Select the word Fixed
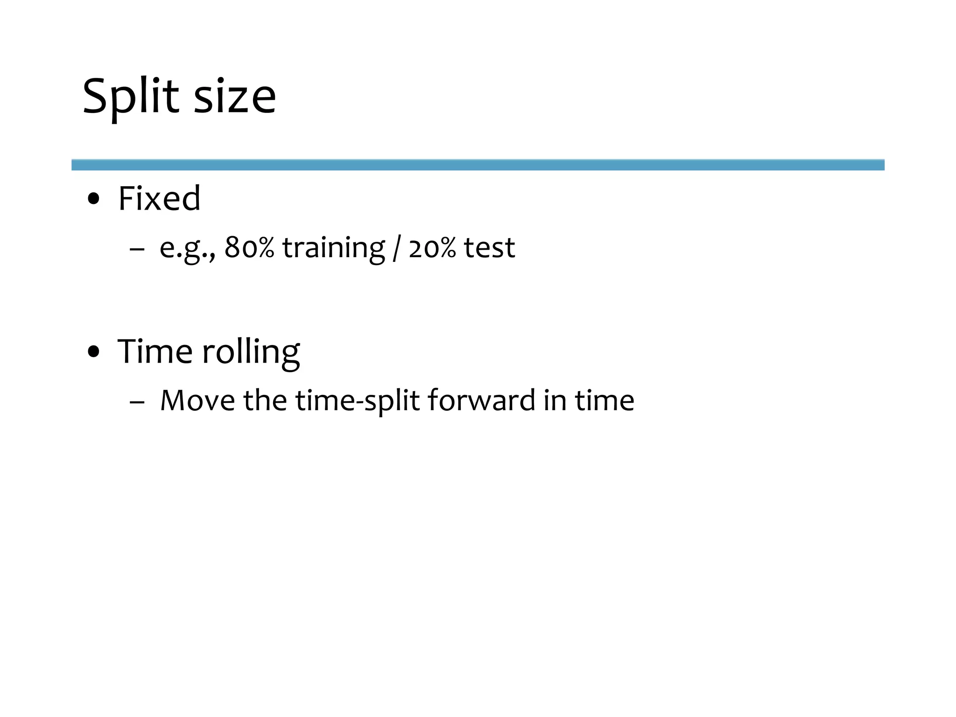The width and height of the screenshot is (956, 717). pos(159,198)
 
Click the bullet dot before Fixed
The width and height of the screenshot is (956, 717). pos(94,199)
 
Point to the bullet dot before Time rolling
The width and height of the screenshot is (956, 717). pos(94,352)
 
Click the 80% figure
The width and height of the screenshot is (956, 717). pos(249,247)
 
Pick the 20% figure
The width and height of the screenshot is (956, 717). pos(432,247)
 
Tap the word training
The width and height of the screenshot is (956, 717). pos(333,248)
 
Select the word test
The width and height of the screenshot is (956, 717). pos(489,247)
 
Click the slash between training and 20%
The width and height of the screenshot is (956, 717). pos(396,248)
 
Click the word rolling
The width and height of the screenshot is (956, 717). pos(251,352)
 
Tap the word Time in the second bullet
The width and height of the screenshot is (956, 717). pos(155,351)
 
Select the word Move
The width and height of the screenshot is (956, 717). pos(197,401)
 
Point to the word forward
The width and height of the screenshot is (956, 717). pos(481,401)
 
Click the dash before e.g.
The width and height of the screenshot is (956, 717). pos(136,249)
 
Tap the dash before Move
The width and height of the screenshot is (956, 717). pos(137,402)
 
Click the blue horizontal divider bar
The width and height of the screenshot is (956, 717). pos(478,165)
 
